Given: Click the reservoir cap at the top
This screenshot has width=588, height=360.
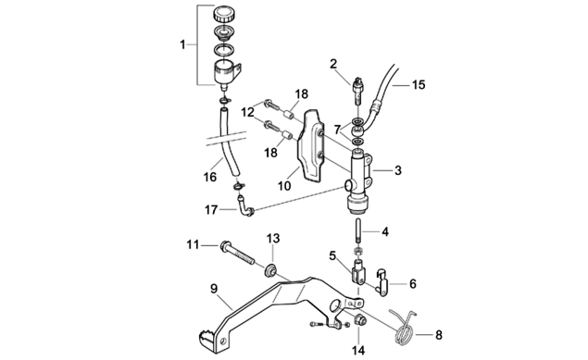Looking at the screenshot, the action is pos(223,14).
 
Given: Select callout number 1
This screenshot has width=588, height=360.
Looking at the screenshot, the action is pos(182,45).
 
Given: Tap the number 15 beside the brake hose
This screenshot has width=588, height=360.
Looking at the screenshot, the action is pos(419,84).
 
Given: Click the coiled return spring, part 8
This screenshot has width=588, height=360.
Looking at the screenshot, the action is pos(404,328).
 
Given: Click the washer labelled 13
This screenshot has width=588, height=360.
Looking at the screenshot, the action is pos(269,270).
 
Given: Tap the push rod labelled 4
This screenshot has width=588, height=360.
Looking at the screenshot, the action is pos(358,232).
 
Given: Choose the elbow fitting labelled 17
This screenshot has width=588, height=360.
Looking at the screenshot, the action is pos(244,206).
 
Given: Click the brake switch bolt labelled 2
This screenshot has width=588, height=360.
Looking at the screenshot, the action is pos(358,91).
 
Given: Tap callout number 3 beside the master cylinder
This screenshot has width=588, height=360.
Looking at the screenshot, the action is pos(398,170).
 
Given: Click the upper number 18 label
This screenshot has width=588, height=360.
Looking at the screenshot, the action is pos(301,94).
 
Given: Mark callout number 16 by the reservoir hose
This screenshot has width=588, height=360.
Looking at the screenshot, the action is pos(210,177).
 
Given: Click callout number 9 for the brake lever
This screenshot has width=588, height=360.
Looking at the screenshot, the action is pos(214,289).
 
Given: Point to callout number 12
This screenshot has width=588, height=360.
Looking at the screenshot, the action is pos(248,112).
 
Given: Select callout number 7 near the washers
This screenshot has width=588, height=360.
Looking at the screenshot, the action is pos(337,130).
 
